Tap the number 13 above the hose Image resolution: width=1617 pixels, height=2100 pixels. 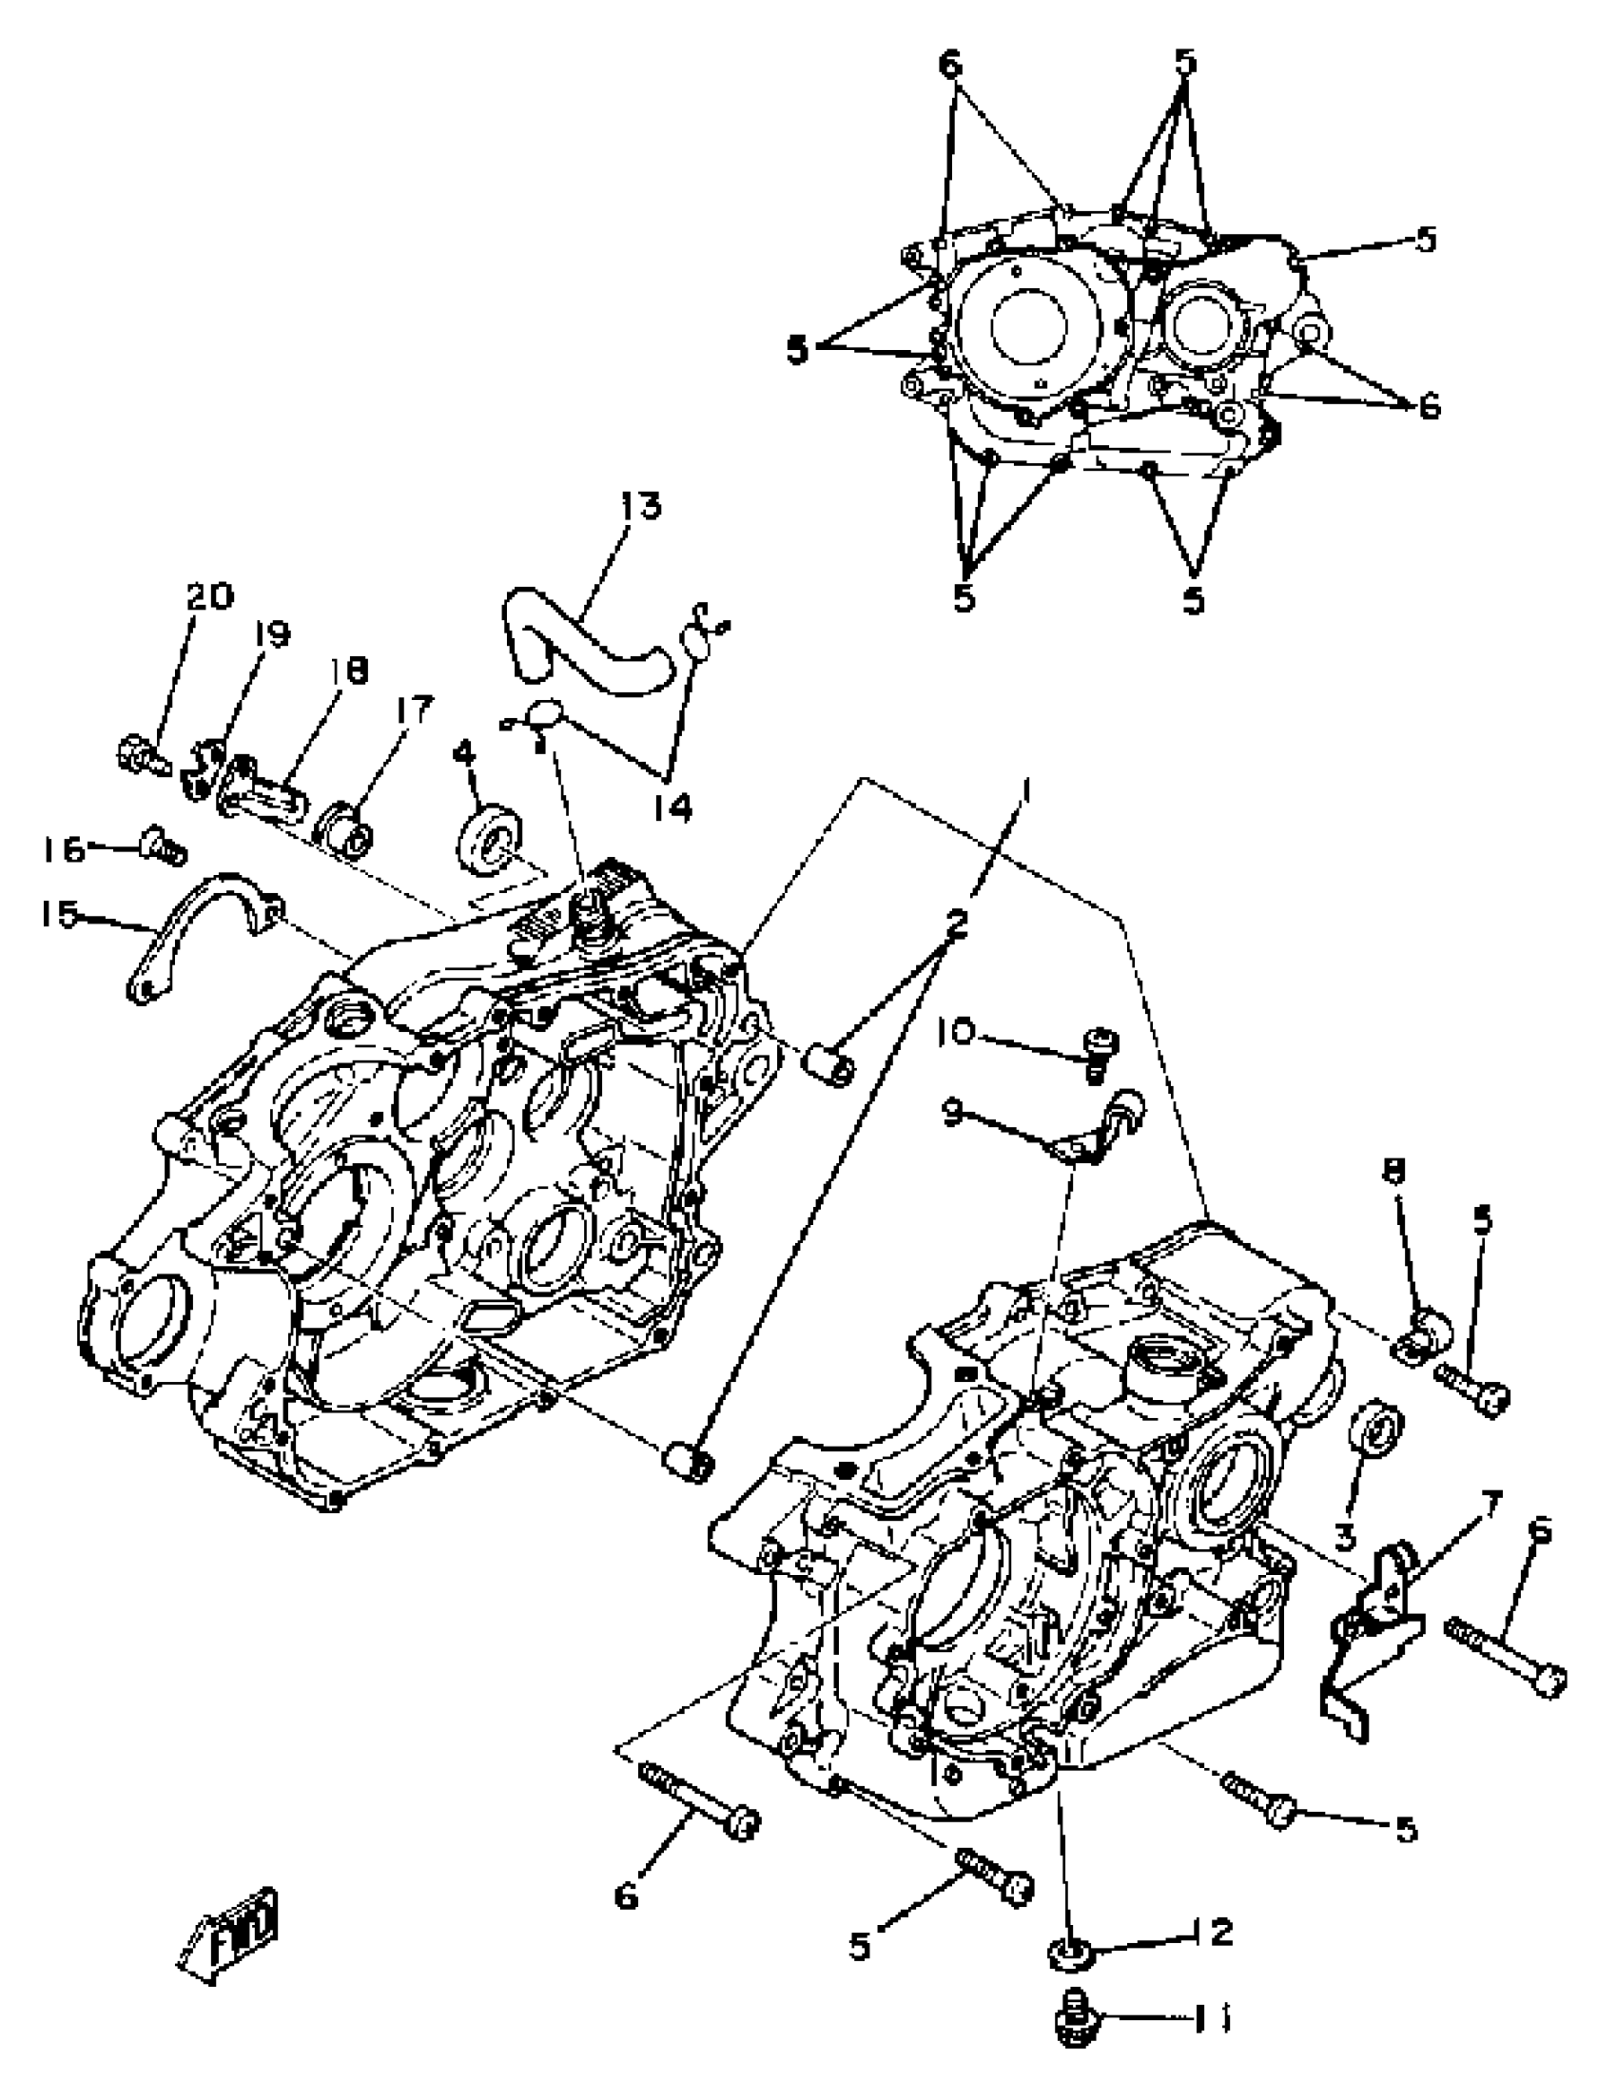pos(641,506)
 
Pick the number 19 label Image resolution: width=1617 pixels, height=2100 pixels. pos(274,634)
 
